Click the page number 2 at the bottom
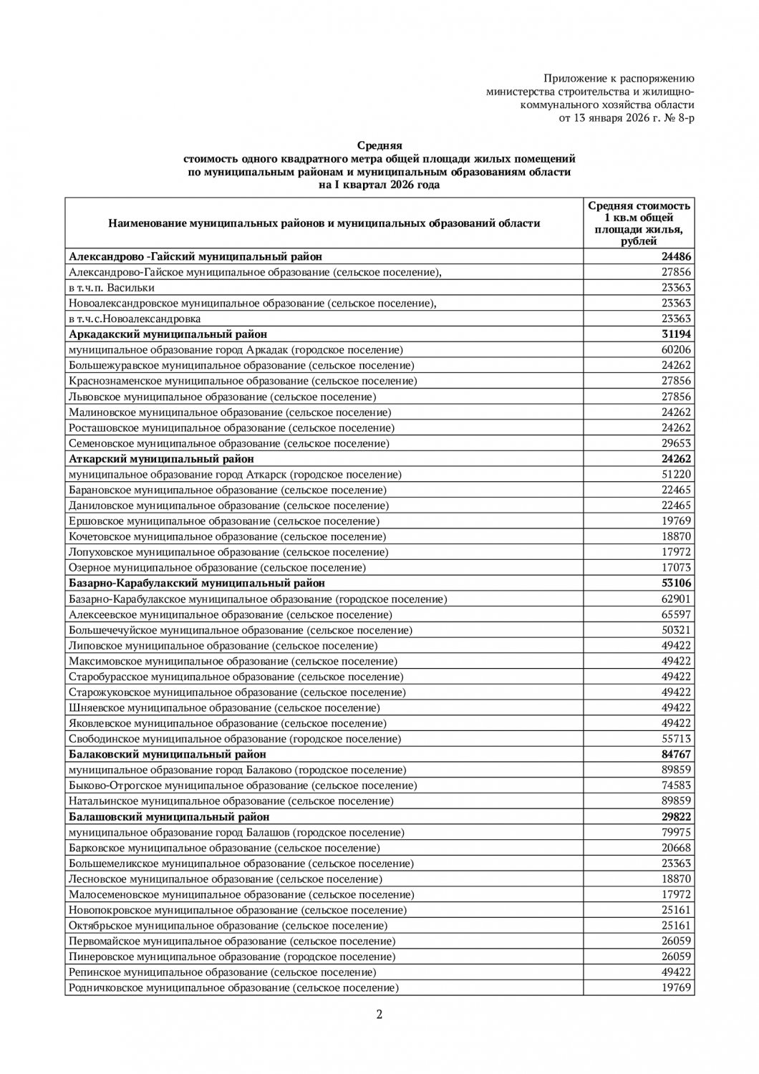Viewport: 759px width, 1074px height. pos(379,1014)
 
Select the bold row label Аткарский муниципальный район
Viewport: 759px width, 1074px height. pos(161,459)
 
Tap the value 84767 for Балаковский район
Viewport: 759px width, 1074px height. pos(675,755)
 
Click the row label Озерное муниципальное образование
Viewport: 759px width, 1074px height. pos(217,568)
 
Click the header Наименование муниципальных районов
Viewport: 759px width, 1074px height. pos(324,223)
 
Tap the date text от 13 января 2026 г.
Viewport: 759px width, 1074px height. pos(626,117)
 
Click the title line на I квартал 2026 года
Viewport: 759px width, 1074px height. pos(379,185)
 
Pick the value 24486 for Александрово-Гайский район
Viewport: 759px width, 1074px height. pos(675,256)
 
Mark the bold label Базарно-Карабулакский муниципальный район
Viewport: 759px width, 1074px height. pos(197,584)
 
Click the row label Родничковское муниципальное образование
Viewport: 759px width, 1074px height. pos(233,988)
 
